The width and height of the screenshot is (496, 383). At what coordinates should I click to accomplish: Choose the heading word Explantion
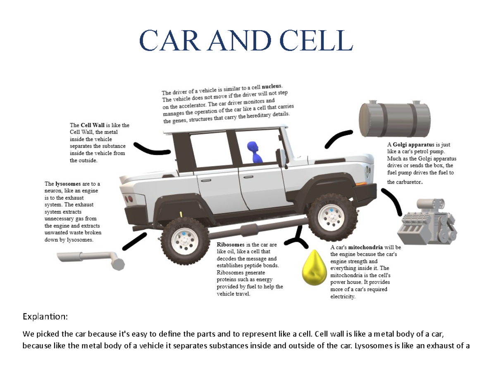click(45, 317)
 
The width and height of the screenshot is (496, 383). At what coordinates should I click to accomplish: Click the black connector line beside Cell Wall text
click(152, 150)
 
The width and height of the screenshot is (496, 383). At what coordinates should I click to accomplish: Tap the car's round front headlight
click(367, 170)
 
